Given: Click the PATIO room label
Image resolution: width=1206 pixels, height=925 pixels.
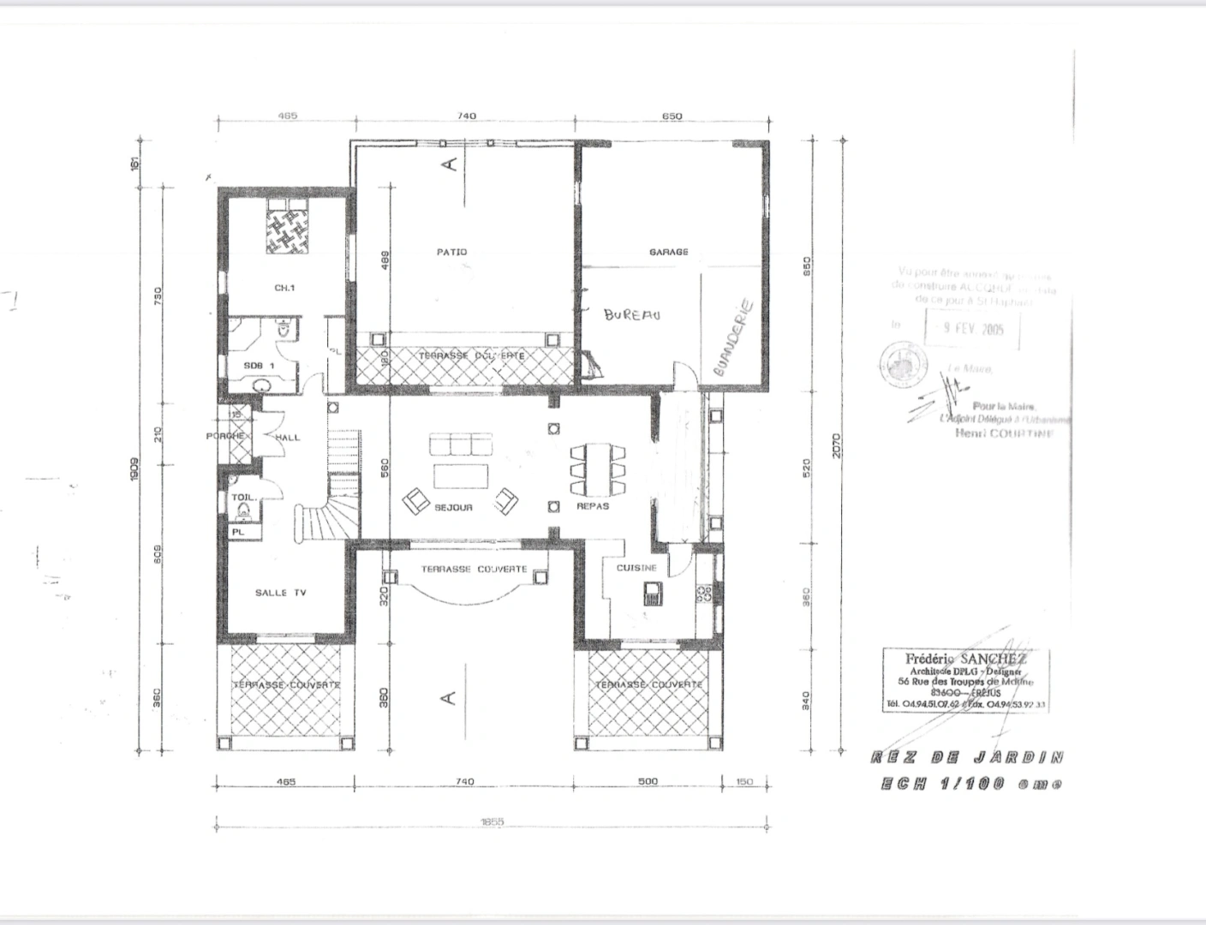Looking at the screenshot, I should [x=451, y=252].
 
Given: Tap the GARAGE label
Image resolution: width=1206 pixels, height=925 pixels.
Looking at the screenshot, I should [x=668, y=252].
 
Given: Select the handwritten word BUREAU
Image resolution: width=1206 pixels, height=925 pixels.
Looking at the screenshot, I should [x=632, y=315].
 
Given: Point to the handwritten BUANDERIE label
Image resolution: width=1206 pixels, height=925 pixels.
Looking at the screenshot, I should [x=733, y=337].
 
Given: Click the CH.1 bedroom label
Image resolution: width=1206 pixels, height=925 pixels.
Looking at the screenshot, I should [x=284, y=289].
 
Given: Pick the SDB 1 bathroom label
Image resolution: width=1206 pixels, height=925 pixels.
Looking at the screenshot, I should [x=259, y=366].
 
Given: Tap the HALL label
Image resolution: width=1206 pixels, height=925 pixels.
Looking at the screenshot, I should [x=288, y=438].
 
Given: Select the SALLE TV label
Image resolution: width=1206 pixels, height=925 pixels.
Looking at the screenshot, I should [x=281, y=593].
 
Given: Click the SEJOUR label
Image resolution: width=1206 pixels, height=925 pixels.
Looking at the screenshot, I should [x=453, y=508].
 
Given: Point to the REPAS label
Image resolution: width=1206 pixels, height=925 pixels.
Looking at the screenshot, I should [x=593, y=507].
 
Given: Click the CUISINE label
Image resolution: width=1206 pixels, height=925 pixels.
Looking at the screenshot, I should [x=637, y=568].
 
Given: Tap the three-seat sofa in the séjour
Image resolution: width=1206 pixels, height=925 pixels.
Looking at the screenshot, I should [x=462, y=445].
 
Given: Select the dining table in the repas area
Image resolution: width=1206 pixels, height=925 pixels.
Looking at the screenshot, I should [x=598, y=469].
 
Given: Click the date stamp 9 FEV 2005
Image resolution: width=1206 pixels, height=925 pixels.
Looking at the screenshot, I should [x=974, y=328].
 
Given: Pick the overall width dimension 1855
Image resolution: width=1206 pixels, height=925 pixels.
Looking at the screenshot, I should [x=492, y=821].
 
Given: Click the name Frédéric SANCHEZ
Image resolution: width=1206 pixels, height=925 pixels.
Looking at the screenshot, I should [x=966, y=659].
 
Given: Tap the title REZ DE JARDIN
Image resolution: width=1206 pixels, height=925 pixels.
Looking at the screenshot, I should [x=967, y=757].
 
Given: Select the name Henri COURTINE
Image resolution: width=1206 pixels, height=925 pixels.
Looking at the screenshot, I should [x=1005, y=433].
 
